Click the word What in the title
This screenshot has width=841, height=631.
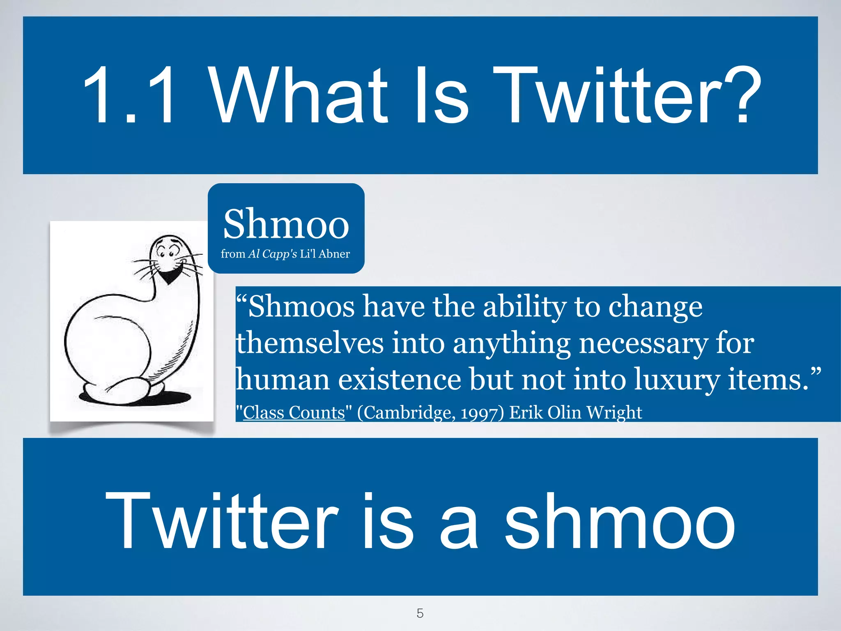tap(299, 95)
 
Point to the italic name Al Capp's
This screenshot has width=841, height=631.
tap(272, 254)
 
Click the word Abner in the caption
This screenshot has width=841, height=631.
tap(334, 254)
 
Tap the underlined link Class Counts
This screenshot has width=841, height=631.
tap(294, 412)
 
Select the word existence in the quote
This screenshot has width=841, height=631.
tap(400, 379)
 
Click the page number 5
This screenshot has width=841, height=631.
tap(420, 613)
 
